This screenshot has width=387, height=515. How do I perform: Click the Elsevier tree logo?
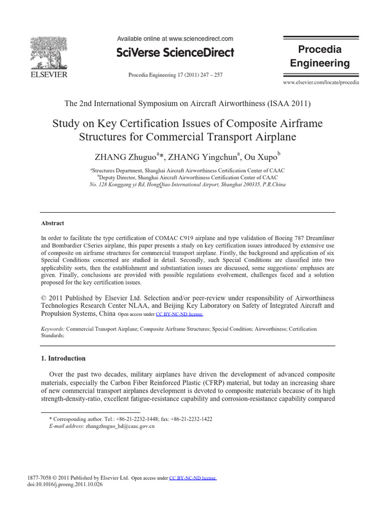[48, 53]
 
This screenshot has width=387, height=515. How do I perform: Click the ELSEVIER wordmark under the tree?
[48, 75]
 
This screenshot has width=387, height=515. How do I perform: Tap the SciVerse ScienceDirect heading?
[175, 53]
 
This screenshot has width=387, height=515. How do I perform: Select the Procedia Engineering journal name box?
[319, 56]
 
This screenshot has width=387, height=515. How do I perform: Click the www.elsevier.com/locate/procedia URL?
[321, 82]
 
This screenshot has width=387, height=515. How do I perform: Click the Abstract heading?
[52, 223]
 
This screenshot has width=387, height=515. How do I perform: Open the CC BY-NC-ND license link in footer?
[192, 478]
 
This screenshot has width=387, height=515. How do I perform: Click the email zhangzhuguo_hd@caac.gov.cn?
[120, 426]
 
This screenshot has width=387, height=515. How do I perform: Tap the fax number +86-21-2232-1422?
[191, 419]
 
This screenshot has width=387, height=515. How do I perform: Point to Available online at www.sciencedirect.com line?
[175, 39]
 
